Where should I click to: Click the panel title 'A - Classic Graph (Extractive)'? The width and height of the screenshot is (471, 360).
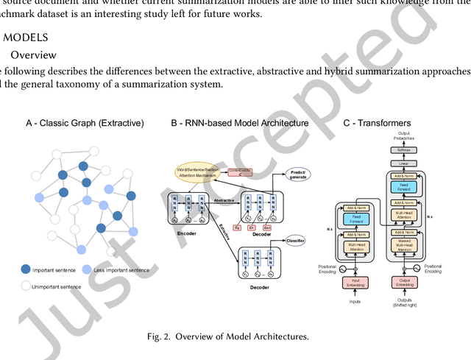coord(85,123)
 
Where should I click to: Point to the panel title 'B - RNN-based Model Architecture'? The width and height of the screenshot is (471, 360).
coord(239,123)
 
